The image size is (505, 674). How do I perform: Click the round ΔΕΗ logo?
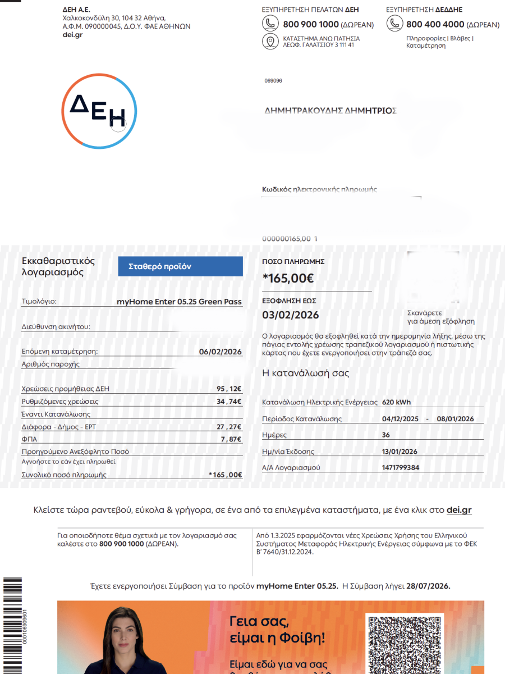coord(99,111)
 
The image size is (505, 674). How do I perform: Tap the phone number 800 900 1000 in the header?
coord(311,24)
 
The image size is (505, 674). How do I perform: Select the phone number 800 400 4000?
coord(435,24)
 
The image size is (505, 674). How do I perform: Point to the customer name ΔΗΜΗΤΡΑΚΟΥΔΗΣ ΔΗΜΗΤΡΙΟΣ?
coord(330,111)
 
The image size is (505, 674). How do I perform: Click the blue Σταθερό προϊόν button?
coord(180,267)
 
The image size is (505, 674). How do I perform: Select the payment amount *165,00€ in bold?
coord(288,277)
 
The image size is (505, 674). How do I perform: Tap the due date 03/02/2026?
coord(290,315)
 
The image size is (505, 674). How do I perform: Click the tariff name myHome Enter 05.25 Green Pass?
coord(179,302)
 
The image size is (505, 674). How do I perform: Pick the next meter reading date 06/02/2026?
coord(220,352)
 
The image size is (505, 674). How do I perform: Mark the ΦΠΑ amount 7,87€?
coord(231,439)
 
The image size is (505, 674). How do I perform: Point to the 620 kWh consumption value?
coord(396,402)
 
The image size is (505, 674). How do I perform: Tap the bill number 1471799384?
coord(400,467)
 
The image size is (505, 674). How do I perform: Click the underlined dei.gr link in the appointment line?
coord(459,510)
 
